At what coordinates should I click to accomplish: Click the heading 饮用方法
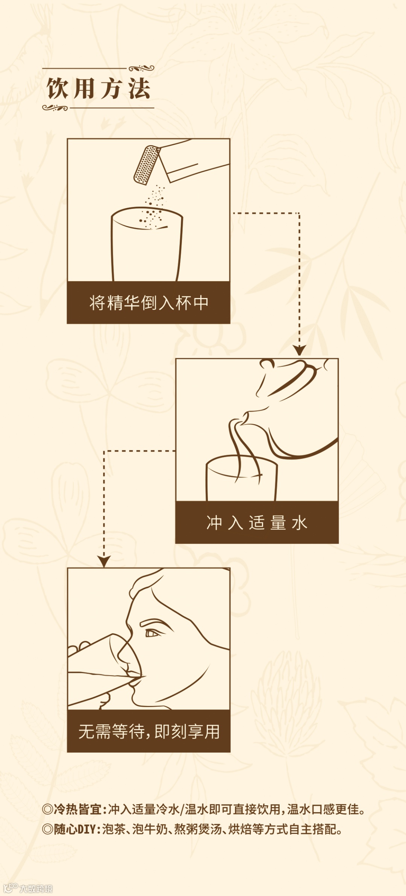pyautogui.click(x=98, y=88)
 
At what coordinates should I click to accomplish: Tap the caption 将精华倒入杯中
pyautogui.click(x=149, y=303)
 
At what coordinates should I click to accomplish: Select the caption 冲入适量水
pyautogui.click(x=257, y=523)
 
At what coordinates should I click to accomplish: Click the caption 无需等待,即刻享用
pyautogui.click(x=149, y=732)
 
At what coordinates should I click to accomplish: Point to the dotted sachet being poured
pyautogui.click(x=147, y=165)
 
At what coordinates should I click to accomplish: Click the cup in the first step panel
pyautogui.click(x=147, y=244)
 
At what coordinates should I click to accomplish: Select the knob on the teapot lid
pyautogui.click(x=267, y=364)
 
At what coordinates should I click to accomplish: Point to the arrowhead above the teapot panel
pyautogui.click(x=299, y=350)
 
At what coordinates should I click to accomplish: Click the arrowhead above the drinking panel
pyautogui.click(x=104, y=561)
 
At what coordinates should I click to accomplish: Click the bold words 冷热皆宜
pyautogui.click(x=77, y=809)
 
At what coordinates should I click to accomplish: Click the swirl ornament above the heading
pyautogui.click(x=141, y=68)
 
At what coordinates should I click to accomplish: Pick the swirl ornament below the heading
pyautogui.click(x=55, y=108)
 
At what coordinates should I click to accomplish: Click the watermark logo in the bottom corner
pyautogui.click(x=28, y=888)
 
